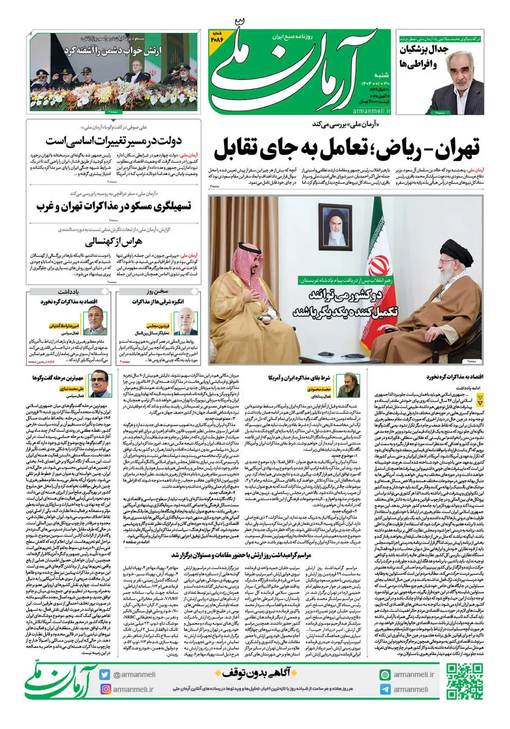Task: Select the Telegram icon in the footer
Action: click(385, 689)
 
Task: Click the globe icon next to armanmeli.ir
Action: click(385, 675)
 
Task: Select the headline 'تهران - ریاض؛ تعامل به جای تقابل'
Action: click(346, 148)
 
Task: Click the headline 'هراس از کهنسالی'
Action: click(113, 242)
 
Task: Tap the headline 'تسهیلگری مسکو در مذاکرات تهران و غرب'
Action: click(113, 207)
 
